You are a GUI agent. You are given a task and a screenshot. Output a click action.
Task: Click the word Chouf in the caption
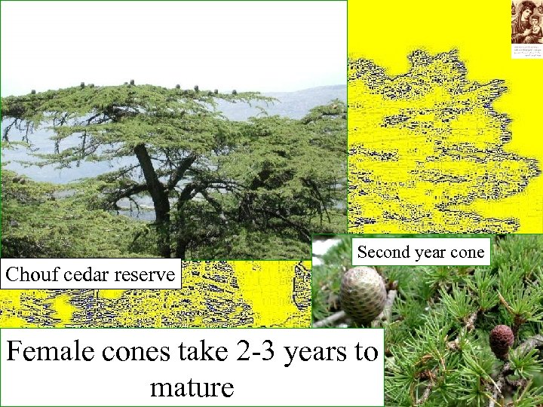pyautogui.click(x=27, y=274)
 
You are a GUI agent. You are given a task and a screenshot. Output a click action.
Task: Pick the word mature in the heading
pyautogui.click(x=192, y=387)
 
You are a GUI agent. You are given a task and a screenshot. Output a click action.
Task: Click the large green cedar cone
pyautogui.click(x=363, y=295)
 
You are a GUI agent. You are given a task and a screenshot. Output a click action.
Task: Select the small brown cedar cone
pyautogui.click(x=501, y=341)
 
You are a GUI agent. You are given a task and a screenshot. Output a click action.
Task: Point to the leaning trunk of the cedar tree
pyautogui.click(x=152, y=181)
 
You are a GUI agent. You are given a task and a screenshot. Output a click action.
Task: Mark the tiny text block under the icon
pyautogui.click(x=526, y=50)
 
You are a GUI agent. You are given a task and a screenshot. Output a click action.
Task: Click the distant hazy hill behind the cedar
pyautogui.click(x=302, y=102)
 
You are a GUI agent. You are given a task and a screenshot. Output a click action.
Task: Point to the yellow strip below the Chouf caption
pyautogui.click(x=151, y=309)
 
